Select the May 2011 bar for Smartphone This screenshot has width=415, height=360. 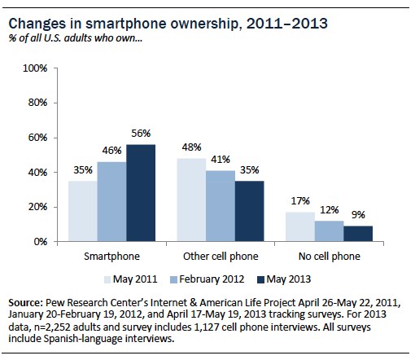(x=82, y=211)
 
